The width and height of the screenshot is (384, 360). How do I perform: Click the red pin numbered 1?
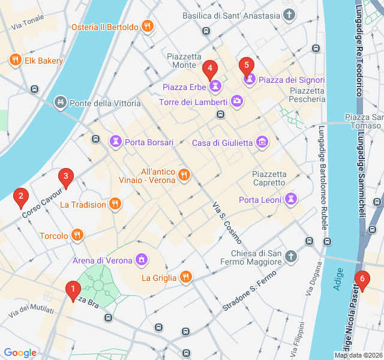coord(73,291)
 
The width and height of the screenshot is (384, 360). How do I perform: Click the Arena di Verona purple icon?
coord(142,260)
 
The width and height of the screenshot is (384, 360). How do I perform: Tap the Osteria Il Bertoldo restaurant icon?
coord(147,26)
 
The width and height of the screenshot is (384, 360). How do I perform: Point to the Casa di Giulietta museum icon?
coord(262,142)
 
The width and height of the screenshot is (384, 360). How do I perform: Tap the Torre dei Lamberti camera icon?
coord(237,101)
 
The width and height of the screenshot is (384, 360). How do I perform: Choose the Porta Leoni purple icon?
coord(292,199)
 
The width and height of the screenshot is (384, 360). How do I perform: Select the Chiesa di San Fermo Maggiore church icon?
coord(290,256)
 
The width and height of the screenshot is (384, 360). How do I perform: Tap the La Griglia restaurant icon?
coord(187,277)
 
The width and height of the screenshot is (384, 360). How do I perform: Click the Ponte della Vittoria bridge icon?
coord(61,103)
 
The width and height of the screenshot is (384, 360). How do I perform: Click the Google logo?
coord(20,353)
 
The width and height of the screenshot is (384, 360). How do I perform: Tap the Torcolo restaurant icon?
coord(77,235)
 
